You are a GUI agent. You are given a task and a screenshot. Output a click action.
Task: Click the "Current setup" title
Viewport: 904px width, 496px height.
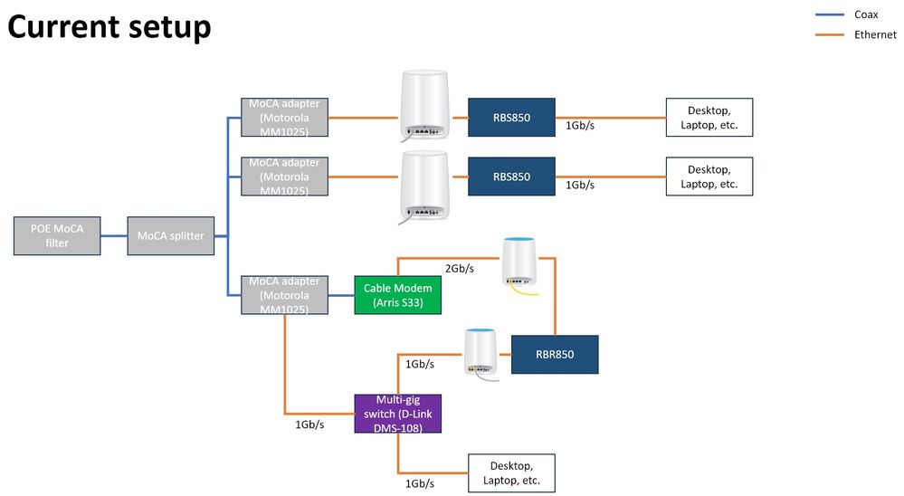(x=109, y=26)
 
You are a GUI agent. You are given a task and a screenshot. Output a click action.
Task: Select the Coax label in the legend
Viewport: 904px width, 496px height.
(x=866, y=14)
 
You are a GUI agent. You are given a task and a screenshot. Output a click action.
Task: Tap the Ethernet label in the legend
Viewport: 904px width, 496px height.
(x=874, y=34)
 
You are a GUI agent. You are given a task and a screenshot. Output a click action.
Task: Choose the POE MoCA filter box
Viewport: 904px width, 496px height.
(x=57, y=236)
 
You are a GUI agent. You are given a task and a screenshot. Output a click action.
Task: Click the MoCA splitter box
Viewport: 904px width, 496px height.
(x=171, y=236)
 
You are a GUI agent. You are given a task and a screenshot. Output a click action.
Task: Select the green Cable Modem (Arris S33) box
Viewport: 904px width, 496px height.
(x=397, y=295)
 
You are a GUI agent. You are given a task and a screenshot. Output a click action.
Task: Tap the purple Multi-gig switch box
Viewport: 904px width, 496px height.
(x=396, y=414)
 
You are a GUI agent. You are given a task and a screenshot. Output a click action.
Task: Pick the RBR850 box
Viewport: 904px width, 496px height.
(x=555, y=354)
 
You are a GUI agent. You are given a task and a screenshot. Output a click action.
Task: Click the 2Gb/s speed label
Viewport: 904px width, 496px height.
(x=460, y=269)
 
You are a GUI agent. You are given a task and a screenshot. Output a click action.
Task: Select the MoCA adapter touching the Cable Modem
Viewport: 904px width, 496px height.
(x=284, y=295)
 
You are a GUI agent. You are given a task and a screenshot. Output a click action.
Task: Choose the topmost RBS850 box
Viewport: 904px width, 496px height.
(x=511, y=118)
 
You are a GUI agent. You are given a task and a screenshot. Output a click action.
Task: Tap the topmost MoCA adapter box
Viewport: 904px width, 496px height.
(x=284, y=118)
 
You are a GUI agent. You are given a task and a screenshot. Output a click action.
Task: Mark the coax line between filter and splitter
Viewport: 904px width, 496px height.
(x=114, y=236)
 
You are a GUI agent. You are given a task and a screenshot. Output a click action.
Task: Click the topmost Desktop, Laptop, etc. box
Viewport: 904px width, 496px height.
(x=709, y=118)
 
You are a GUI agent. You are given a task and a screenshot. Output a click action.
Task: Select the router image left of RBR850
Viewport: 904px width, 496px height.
(x=480, y=352)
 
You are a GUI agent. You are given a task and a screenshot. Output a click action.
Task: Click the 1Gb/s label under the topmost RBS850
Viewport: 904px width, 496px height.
(x=580, y=126)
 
